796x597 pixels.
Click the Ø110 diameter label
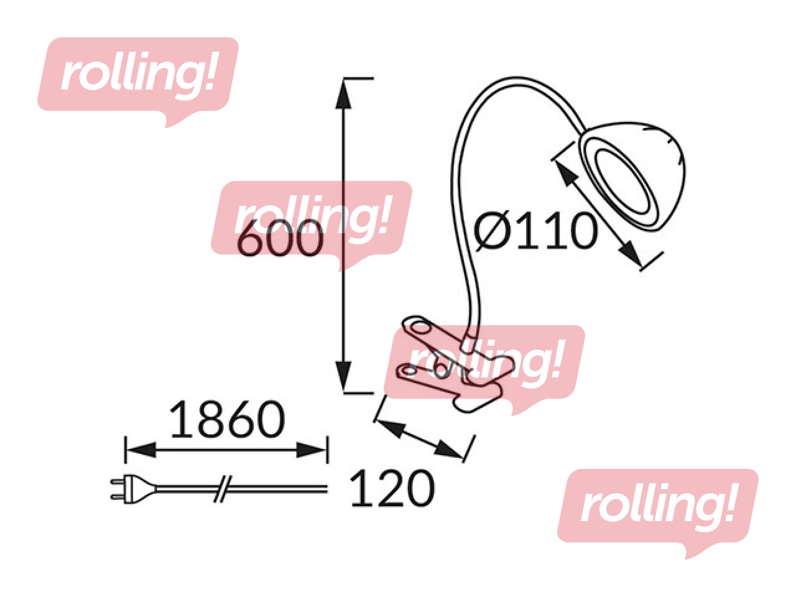(535, 231)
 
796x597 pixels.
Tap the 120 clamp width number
(392, 488)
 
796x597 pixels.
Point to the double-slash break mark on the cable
(223, 489)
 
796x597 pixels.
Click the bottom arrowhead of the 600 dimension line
(343, 378)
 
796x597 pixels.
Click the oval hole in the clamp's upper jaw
(419, 327)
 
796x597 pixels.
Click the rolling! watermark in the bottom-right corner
(658, 507)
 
